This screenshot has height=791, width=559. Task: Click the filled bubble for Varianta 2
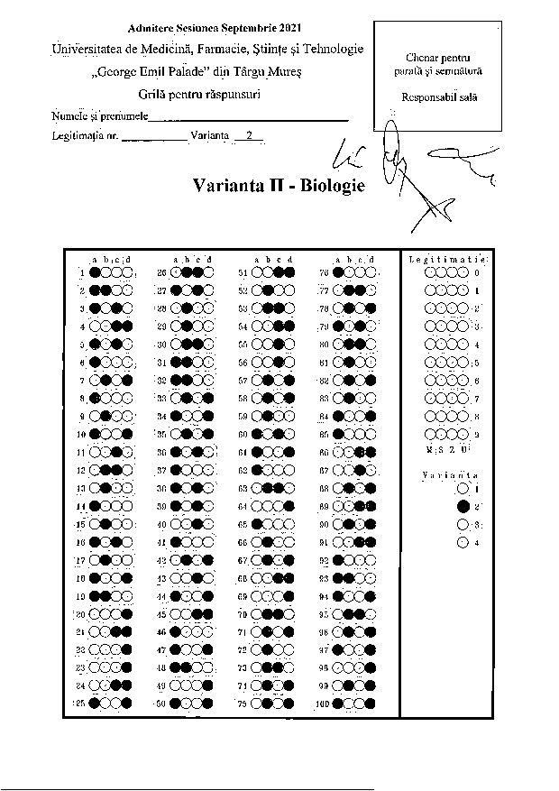(x=463, y=507)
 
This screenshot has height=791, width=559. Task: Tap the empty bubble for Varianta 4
(x=463, y=543)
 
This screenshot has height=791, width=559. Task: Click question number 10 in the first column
(x=81, y=434)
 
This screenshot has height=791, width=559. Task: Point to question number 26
(x=162, y=271)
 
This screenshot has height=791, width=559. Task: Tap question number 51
(x=243, y=271)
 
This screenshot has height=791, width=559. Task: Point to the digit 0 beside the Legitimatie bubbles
(x=476, y=271)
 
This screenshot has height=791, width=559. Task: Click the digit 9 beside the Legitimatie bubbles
(x=476, y=434)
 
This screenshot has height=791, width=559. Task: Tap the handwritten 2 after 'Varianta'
(x=247, y=136)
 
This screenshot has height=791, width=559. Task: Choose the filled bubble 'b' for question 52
(x=267, y=290)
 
